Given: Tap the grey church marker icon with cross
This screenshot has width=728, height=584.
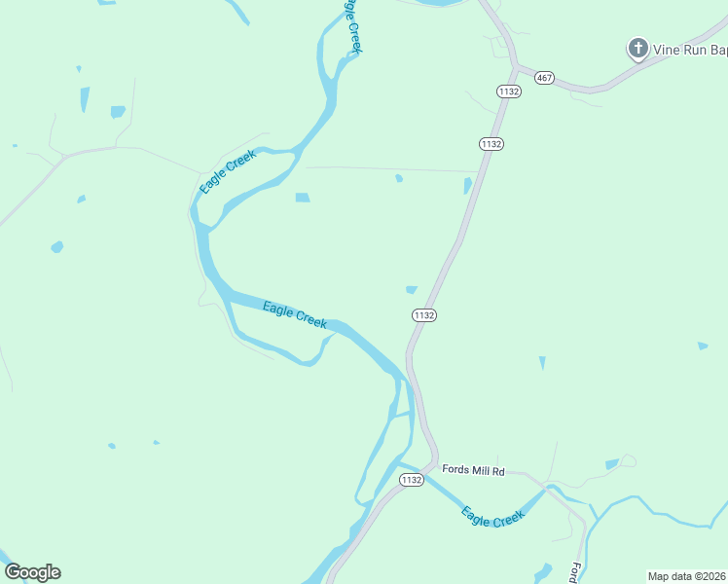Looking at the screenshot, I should click(637, 48).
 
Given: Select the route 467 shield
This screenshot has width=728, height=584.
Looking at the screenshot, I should click(544, 78).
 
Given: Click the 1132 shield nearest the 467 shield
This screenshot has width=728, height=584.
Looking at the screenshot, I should click(508, 91).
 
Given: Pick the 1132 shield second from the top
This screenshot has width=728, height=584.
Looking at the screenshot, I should click(491, 143).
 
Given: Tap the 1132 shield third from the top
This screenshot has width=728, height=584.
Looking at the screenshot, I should click(423, 315).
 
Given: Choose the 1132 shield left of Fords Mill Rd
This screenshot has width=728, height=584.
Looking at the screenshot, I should click(412, 480).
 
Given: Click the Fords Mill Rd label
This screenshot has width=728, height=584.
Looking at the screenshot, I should click(473, 471).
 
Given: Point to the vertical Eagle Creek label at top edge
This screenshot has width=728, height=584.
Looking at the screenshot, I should click(351, 26).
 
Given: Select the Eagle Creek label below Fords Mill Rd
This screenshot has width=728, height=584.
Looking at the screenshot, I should click(492, 516).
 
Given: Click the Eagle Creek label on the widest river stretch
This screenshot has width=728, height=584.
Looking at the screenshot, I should click(295, 315).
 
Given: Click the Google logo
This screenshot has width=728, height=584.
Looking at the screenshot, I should click(32, 572).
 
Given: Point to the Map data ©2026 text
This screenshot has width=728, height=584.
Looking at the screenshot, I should click(687, 576).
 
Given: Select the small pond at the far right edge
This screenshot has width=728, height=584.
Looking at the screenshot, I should click(702, 346).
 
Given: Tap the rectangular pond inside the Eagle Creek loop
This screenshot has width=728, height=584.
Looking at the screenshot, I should click(303, 198).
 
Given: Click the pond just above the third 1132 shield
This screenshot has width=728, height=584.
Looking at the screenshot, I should click(412, 289).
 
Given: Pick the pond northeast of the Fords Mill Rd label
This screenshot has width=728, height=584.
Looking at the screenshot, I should click(611, 464).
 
